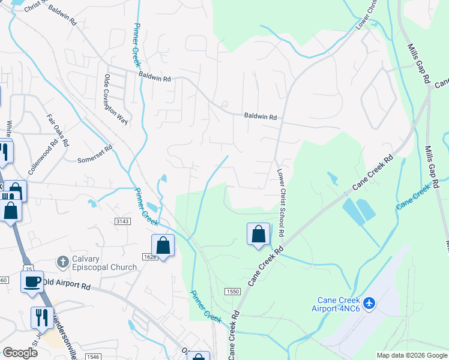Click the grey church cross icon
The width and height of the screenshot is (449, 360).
[62, 262]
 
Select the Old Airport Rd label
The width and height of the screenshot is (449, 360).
[65, 284]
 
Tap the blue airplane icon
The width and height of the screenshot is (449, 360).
[369, 304]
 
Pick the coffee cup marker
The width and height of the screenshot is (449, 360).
[32, 281]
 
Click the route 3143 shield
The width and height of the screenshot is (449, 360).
[122, 221]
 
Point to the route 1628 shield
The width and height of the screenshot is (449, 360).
[150, 257]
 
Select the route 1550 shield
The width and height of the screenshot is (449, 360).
[232, 291]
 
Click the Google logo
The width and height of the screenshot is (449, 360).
[19, 353]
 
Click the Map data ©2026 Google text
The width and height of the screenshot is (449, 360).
[412, 355]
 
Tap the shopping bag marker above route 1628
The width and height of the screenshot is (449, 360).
[163, 245]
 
